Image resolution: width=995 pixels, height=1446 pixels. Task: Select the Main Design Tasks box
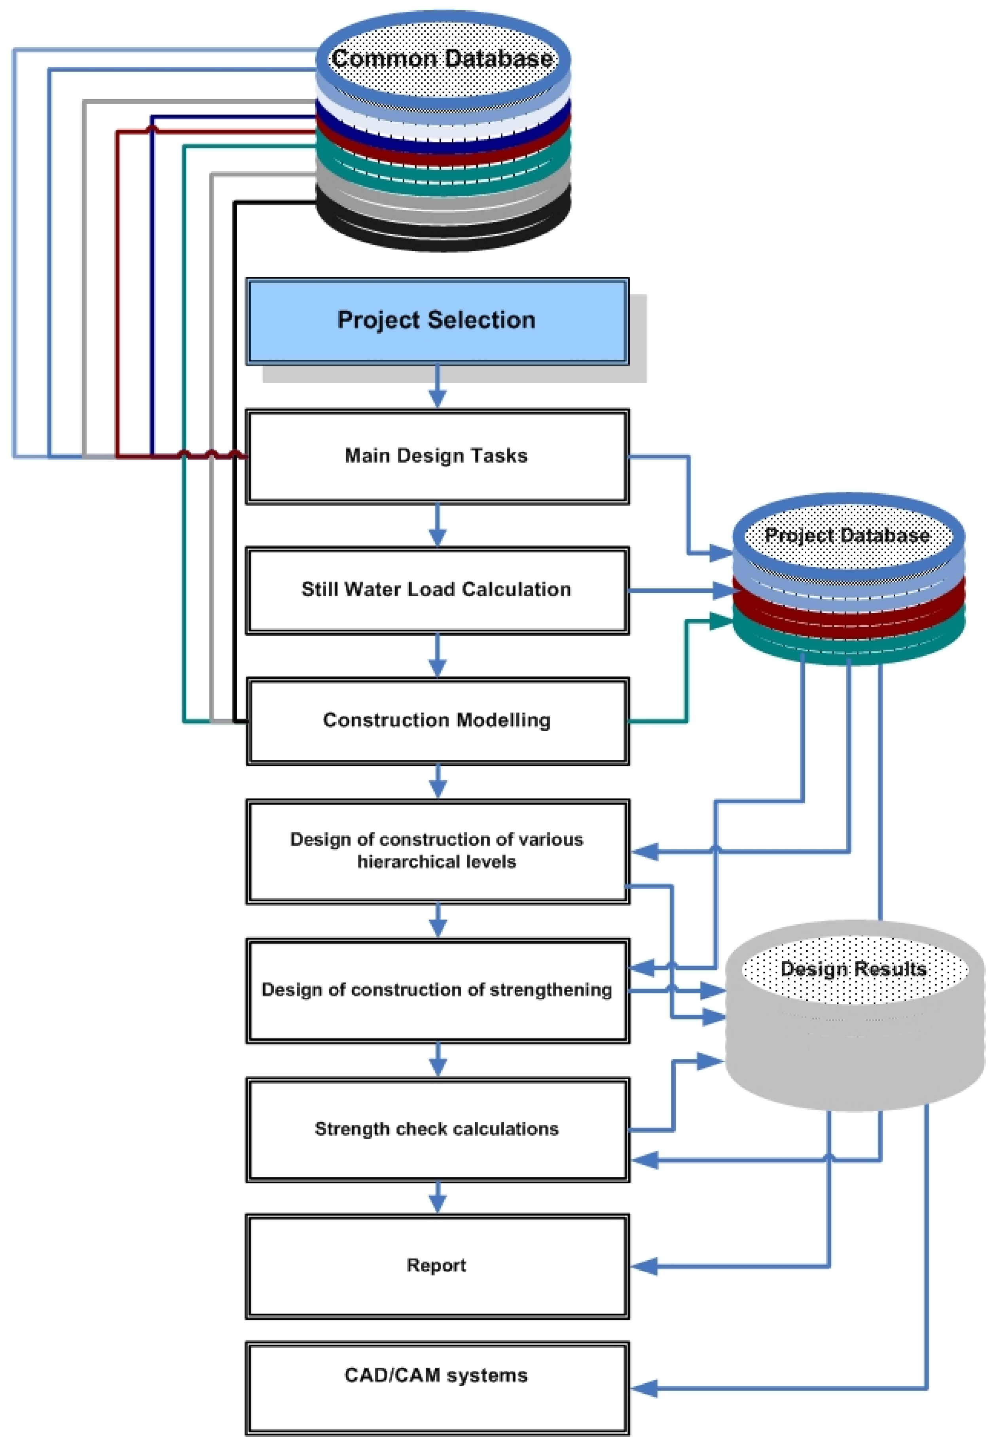coord(436,456)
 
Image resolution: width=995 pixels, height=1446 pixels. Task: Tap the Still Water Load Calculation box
coord(436,589)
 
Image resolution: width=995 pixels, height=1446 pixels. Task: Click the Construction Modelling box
coord(436,720)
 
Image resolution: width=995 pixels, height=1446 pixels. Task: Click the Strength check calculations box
coord(436,1130)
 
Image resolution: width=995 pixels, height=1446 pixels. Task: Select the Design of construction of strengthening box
coord(436,990)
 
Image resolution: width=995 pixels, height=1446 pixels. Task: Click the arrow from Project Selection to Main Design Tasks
coord(437,387)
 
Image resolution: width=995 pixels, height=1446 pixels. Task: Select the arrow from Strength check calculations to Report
coord(438,1198)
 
